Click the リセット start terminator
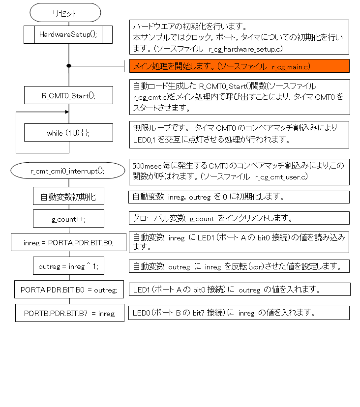pos(65,13)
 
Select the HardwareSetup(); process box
pos(68,34)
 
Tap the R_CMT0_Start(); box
pos(68,95)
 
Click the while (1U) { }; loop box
pos(68,133)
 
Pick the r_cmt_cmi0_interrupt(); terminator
pos(68,171)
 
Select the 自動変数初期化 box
pos(68,197)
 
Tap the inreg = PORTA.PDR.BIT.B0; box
pos(68,242)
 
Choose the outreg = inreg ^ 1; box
pos(68,266)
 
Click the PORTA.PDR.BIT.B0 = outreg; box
pos(68,290)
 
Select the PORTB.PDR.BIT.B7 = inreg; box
pos(68,313)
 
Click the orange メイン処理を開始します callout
pos(239,66)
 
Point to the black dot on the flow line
pos(69,65)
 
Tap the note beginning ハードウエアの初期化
pos(239,37)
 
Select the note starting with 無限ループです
pos(239,134)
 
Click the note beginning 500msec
pos(239,172)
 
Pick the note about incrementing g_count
pos(239,218)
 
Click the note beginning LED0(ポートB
pos(239,313)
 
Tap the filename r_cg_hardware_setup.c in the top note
pos(245,49)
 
